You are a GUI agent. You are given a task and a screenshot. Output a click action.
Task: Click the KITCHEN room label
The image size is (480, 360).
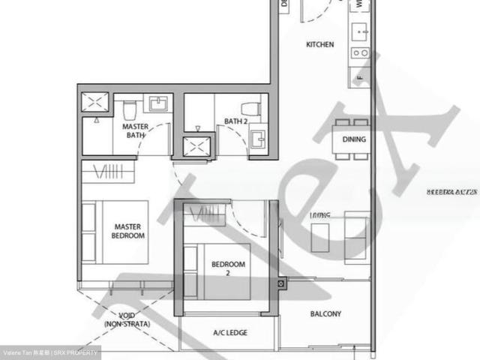click(319, 45)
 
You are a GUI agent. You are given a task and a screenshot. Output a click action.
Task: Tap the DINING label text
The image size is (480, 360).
click(354, 139)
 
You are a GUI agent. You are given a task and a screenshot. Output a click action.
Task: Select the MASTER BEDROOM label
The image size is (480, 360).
click(128, 230)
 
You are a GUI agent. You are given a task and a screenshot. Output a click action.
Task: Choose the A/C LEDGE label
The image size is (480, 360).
click(230, 332)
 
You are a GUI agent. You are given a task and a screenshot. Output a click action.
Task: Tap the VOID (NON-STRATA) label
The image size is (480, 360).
click(127, 319)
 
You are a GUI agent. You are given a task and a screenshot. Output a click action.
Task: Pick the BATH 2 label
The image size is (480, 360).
click(238, 121)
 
